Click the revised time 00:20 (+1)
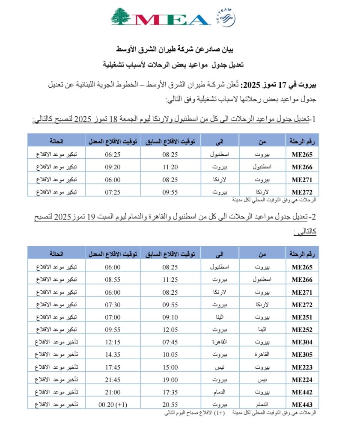113,404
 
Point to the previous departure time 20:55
171,404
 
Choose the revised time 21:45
113,379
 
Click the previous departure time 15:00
171,367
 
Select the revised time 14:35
113,355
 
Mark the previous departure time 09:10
171,317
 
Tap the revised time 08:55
113,280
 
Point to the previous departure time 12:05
171,330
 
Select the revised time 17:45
113,367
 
